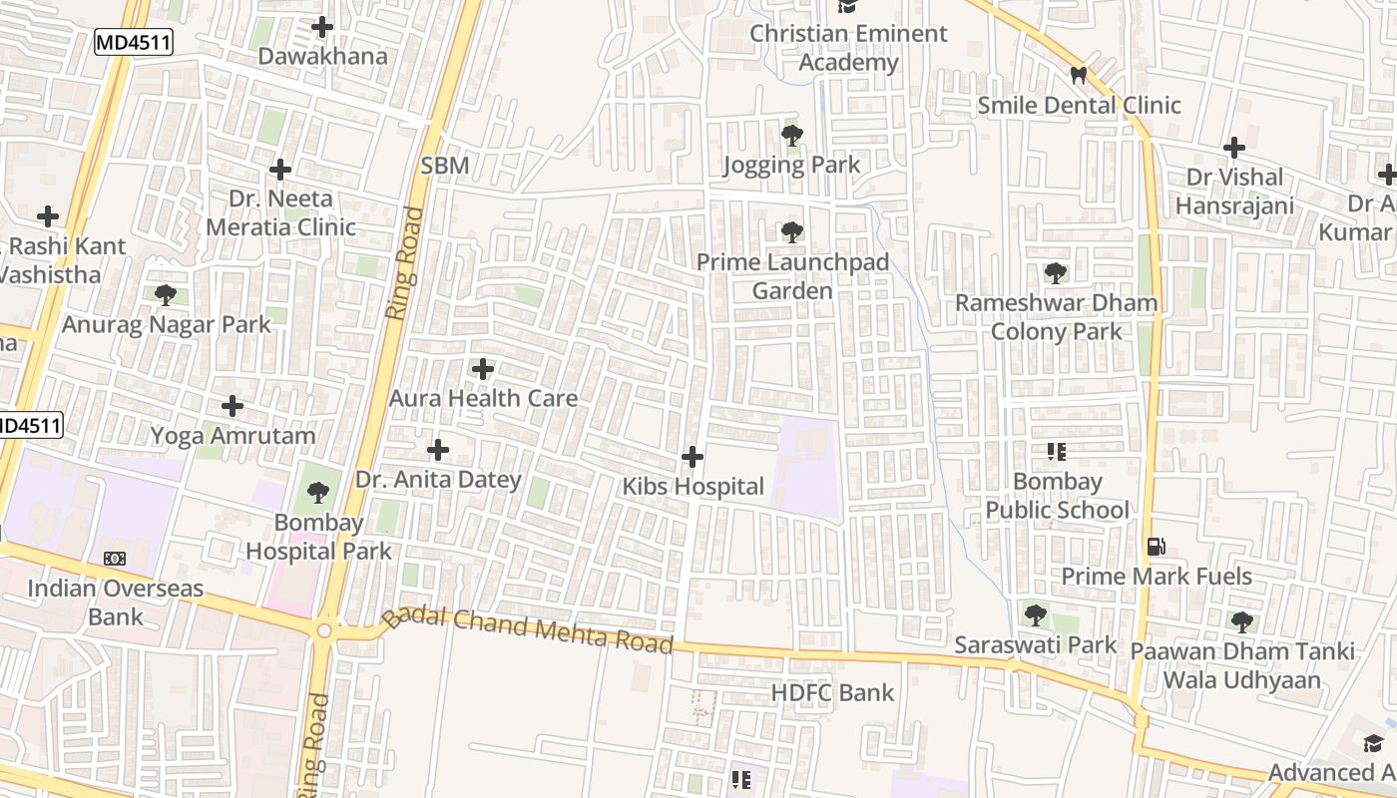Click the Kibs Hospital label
(x=694, y=487)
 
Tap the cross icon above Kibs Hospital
(x=693, y=458)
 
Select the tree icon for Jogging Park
(x=792, y=136)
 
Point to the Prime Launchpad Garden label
(x=792, y=276)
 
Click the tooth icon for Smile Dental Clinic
(x=1078, y=75)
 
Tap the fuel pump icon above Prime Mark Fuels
(x=1157, y=547)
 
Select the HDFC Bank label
(x=832, y=692)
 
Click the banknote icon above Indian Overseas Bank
(x=115, y=559)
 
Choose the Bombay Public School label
(x=1058, y=496)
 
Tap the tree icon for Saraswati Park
(x=1036, y=614)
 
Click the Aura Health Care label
(x=483, y=398)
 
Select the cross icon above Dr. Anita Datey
(x=437, y=450)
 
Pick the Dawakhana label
(x=322, y=56)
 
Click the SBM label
(x=445, y=166)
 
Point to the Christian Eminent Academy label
(x=849, y=48)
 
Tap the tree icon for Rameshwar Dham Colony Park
(x=1056, y=273)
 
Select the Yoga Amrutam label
(x=233, y=436)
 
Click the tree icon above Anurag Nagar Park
(x=166, y=295)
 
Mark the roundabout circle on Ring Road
(x=323, y=631)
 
